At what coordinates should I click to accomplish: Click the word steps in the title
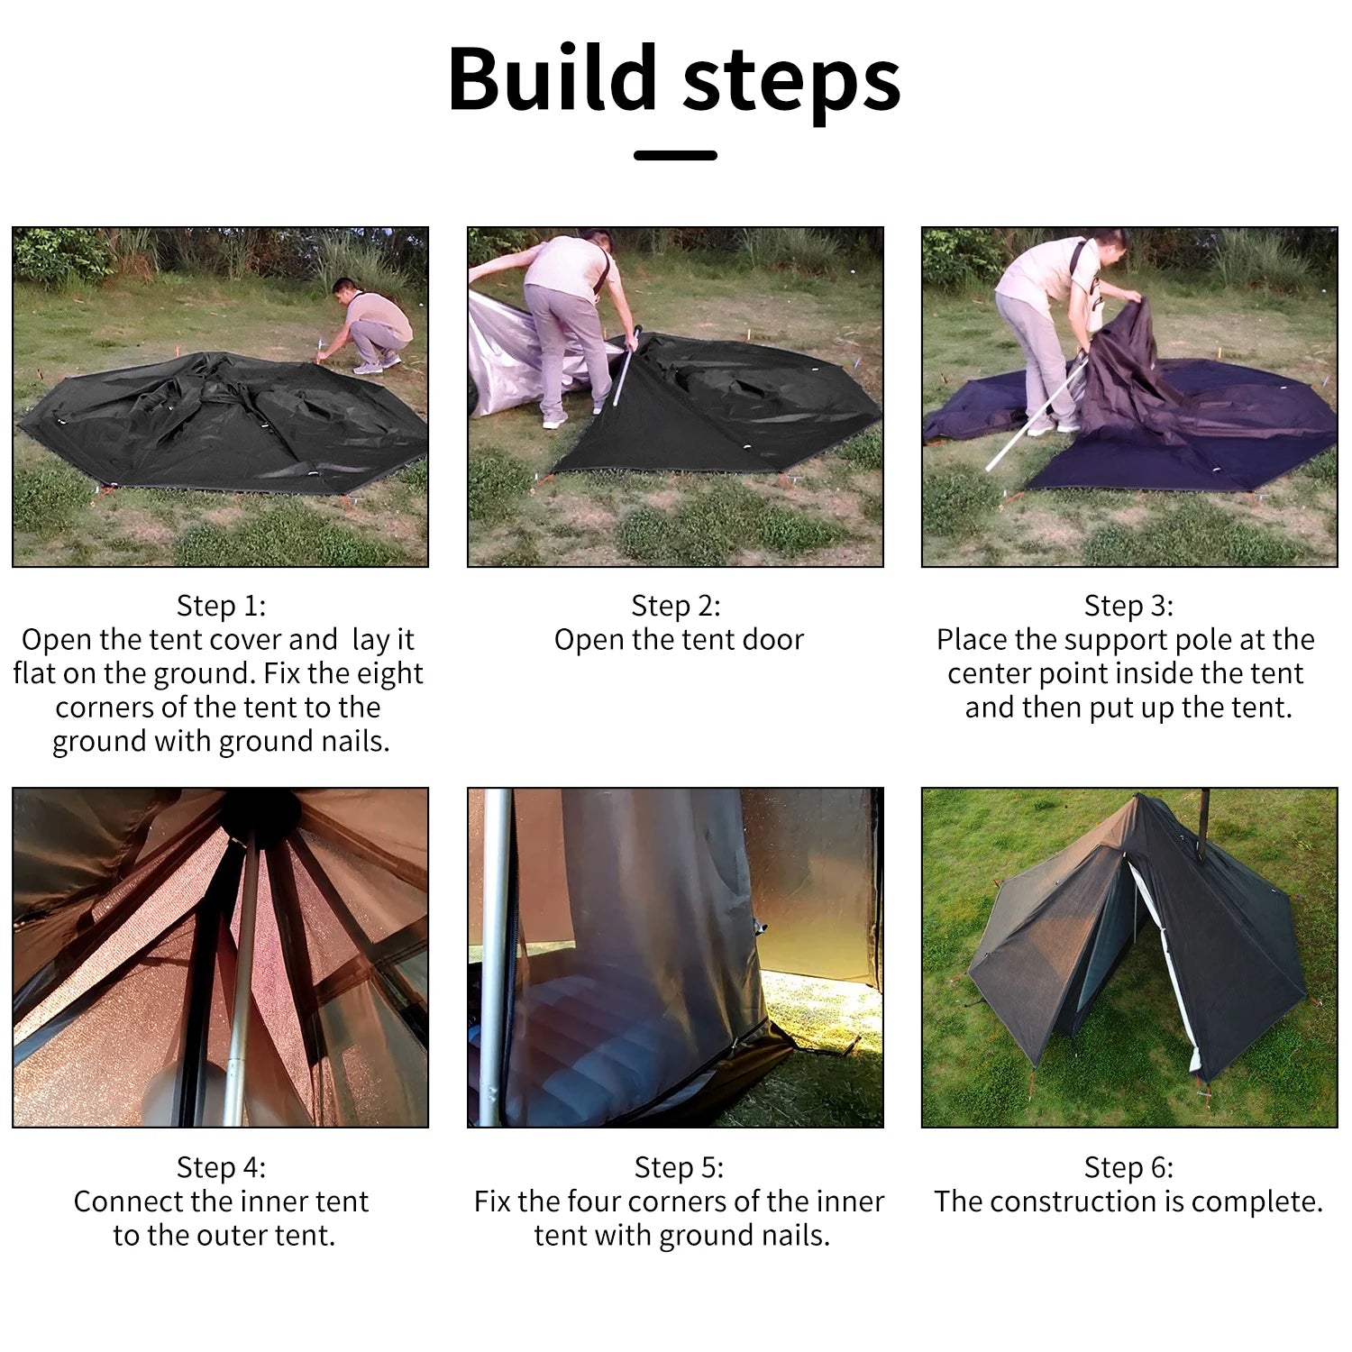792,84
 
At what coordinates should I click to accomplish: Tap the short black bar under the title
675,155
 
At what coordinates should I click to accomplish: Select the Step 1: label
221,605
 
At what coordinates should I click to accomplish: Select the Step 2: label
676,605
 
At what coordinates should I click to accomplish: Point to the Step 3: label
1128,605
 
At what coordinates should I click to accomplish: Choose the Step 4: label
221,1167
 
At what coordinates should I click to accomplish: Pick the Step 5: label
679,1167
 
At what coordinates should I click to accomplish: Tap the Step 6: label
1128,1167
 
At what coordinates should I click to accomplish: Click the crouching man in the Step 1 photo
366,324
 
